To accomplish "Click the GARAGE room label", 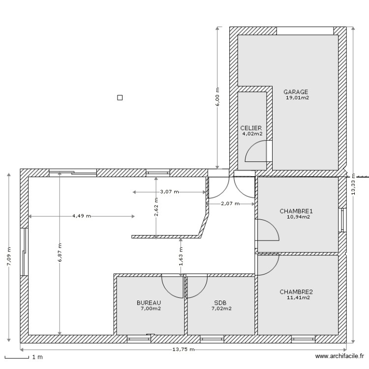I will tap(296, 92).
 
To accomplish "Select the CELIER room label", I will tap(251, 128).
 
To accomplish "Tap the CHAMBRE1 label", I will tap(296, 211).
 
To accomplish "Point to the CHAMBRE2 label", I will tap(296, 292).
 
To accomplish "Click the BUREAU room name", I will tap(149, 303).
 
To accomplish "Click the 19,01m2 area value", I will tap(297, 98).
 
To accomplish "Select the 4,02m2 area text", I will tap(252, 133).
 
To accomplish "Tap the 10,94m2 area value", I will tap(298, 216).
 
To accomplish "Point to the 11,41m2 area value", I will tap(298, 297).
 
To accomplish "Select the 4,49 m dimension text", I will tap(82, 216).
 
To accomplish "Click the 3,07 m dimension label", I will tap(169, 192).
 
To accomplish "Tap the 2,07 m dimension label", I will tap(230, 203).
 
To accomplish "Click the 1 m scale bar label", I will tap(37, 357).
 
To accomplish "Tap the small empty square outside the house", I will tap(120, 97).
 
